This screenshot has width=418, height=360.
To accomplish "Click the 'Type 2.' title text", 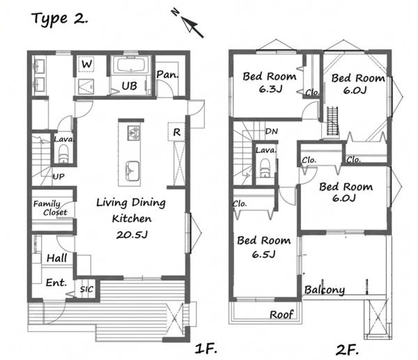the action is click(x=59, y=19).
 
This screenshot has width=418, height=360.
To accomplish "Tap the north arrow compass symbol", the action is click(x=189, y=23).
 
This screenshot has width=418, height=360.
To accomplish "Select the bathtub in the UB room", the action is click(x=131, y=65).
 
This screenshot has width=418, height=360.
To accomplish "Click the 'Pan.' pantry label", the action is click(x=167, y=75).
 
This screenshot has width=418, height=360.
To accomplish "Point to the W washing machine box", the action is click(x=87, y=64).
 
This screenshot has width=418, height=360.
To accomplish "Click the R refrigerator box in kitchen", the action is click(x=176, y=132).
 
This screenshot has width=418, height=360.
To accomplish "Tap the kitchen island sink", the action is click(x=132, y=171).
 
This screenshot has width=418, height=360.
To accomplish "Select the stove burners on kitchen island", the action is click(x=134, y=132).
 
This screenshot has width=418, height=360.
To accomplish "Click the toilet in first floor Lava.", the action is click(x=63, y=154).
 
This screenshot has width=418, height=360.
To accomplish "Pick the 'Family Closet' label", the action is click(x=50, y=208).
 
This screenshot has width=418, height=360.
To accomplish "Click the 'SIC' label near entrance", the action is click(x=86, y=289).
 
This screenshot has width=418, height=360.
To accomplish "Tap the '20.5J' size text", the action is click(x=132, y=235).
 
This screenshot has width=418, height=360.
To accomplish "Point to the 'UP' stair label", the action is click(x=59, y=176).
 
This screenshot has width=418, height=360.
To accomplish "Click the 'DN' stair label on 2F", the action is click(x=272, y=131).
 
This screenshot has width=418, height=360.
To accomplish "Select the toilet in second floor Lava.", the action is click(x=265, y=168).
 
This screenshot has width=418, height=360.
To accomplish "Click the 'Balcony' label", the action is click(x=325, y=290).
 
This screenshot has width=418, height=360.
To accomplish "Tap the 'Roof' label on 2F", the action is click(x=281, y=315).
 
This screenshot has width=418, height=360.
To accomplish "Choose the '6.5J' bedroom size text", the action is click(x=263, y=254).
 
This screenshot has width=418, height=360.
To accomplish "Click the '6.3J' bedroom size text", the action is click(x=270, y=89).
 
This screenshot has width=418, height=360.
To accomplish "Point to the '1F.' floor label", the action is click(x=206, y=349).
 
